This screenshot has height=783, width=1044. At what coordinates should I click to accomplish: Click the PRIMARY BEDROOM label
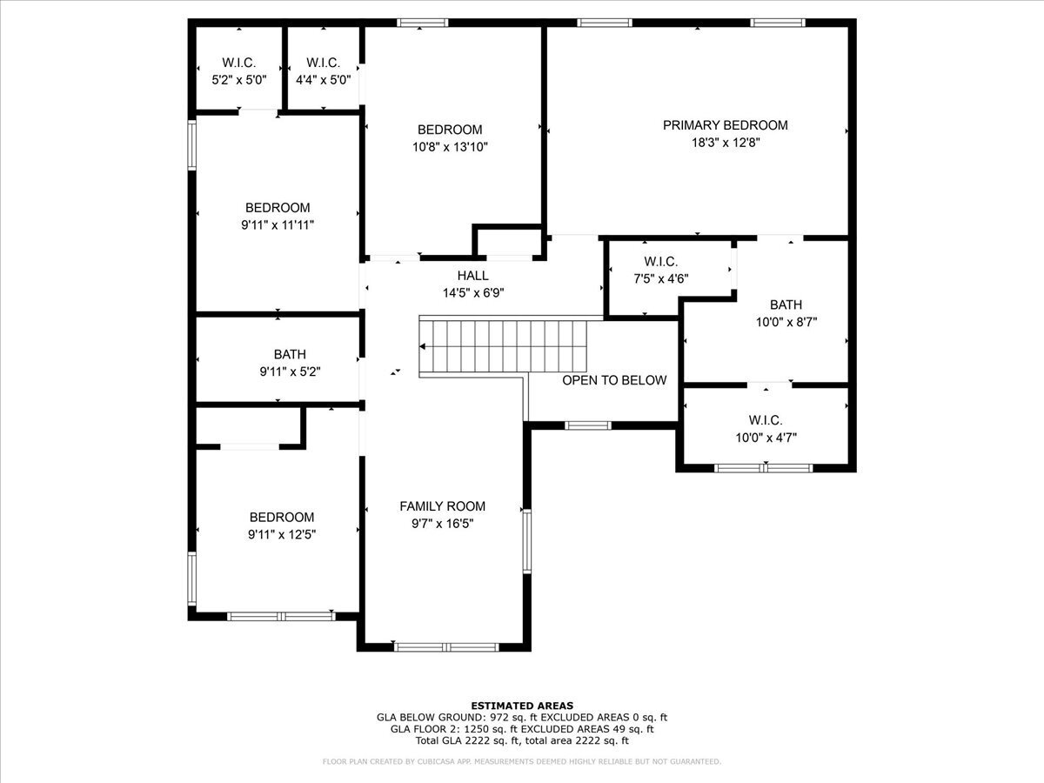click(x=725, y=125)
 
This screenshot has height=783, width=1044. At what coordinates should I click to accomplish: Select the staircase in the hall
click(x=505, y=345)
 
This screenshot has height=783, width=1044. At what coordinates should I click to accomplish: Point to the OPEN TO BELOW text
click(x=614, y=380)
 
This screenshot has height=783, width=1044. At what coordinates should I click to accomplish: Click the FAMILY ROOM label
click(x=442, y=506)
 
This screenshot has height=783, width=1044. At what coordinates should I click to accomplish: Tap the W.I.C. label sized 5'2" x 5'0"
click(x=238, y=63)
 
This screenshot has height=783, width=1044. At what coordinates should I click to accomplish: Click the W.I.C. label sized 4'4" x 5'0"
click(x=323, y=63)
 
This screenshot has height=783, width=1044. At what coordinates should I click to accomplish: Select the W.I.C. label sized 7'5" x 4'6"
click(x=660, y=262)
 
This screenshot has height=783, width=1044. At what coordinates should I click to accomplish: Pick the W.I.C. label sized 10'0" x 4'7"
click(x=765, y=420)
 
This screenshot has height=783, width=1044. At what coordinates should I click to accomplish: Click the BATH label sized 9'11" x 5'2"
click(x=290, y=354)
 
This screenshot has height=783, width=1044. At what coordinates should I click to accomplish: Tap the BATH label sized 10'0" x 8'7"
click(x=786, y=304)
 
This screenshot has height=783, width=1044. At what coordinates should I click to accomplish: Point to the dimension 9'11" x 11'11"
click(x=278, y=224)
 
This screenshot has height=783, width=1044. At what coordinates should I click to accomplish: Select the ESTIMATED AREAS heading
click(x=522, y=705)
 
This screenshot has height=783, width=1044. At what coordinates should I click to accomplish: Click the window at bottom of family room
click(x=446, y=646)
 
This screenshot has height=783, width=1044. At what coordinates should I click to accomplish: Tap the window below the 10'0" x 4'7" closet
click(x=764, y=468)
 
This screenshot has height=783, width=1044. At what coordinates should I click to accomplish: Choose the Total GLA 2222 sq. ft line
click(x=522, y=741)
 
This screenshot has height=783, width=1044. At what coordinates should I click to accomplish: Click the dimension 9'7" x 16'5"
click(x=442, y=524)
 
